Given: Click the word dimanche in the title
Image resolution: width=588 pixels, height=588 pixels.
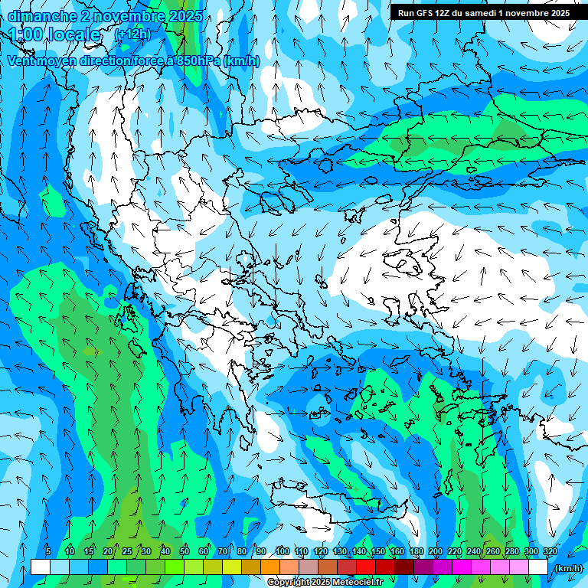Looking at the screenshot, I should (x=41, y=16).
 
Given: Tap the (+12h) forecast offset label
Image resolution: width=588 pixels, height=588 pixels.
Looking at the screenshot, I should (x=132, y=34).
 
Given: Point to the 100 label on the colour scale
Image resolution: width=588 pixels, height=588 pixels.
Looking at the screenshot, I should (x=282, y=551).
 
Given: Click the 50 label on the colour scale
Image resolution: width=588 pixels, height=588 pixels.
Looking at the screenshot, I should (x=185, y=551).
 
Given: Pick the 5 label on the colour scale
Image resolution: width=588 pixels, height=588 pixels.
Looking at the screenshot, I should (x=48, y=551).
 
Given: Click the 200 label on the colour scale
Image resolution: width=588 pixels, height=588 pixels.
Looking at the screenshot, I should (x=436, y=551).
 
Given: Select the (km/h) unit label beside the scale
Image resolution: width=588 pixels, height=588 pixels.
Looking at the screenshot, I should (x=567, y=568).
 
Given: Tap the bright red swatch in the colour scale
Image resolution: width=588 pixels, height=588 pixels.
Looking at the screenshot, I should (x=366, y=567).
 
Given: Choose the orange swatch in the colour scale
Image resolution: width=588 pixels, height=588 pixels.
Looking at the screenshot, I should (x=270, y=567).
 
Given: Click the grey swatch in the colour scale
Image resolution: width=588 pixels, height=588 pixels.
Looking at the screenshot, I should (x=309, y=567).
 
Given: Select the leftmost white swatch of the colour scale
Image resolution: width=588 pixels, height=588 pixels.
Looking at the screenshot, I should (x=41, y=567).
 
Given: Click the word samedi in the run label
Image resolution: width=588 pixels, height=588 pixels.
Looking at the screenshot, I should (x=490, y=13).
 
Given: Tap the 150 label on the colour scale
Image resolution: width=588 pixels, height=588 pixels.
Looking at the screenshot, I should (x=378, y=551).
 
